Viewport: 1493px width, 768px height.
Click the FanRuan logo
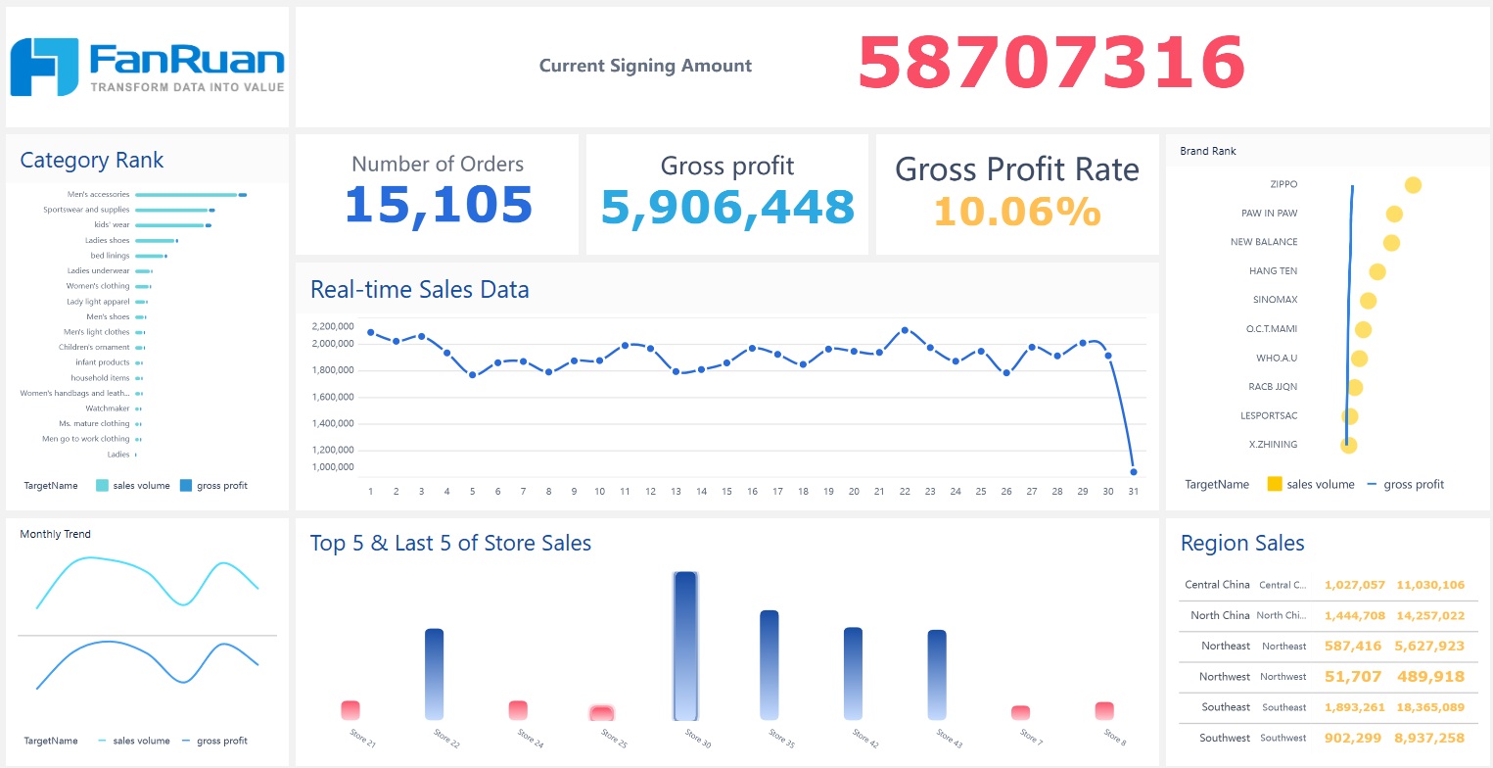(147, 67)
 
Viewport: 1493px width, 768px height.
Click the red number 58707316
(1050, 64)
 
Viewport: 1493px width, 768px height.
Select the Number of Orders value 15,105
(438, 205)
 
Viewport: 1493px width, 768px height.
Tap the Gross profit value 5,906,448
(727, 207)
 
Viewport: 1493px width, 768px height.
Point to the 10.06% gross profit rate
(1016, 212)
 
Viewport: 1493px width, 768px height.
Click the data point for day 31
(1133, 471)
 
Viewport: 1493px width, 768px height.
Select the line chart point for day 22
(905, 330)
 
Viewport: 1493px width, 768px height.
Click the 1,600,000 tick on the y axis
(332, 397)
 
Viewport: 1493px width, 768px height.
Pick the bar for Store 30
(685, 647)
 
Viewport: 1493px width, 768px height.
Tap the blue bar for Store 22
(435, 674)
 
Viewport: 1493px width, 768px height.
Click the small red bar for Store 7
(1020, 713)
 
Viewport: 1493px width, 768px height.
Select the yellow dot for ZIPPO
(1412, 185)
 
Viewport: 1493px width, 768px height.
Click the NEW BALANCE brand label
(1264, 242)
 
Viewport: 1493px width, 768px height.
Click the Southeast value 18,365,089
(1430, 707)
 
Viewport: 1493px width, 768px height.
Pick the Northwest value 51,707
(1352, 676)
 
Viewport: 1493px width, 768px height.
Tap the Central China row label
(1217, 585)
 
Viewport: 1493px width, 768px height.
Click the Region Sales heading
(1242, 544)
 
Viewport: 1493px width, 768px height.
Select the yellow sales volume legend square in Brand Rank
(1275, 484)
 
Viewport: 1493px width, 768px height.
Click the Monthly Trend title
(55, 534)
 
